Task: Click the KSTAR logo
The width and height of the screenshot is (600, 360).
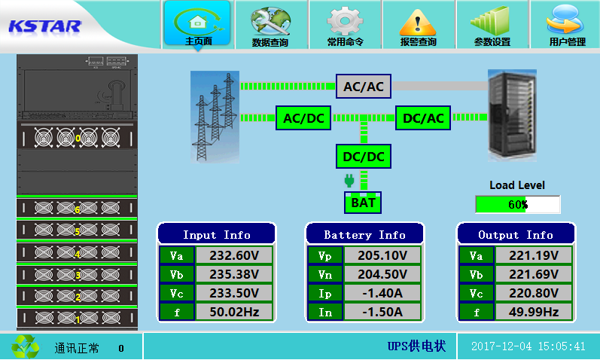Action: point(44,26)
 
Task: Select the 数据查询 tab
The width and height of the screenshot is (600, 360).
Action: point(270,26)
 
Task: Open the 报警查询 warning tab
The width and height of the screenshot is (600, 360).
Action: point(418,26)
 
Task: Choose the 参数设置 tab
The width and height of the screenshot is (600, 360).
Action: point(492,26)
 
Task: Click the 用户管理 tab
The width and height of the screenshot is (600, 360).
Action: point(566,26)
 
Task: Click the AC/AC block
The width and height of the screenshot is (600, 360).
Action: point(364,87)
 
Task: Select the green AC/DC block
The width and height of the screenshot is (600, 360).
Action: point(303,117)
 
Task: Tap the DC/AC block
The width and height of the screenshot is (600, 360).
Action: point(423,117)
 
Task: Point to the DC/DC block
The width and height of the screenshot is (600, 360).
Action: point(364,157)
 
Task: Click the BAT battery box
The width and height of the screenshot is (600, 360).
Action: point(363,202)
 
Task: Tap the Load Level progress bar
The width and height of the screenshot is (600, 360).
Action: point(517,204)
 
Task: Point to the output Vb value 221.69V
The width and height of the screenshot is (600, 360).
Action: point(535,274)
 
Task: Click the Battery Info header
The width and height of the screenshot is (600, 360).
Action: point(364,234)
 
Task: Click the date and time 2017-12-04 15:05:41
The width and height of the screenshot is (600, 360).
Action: point(528,346)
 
